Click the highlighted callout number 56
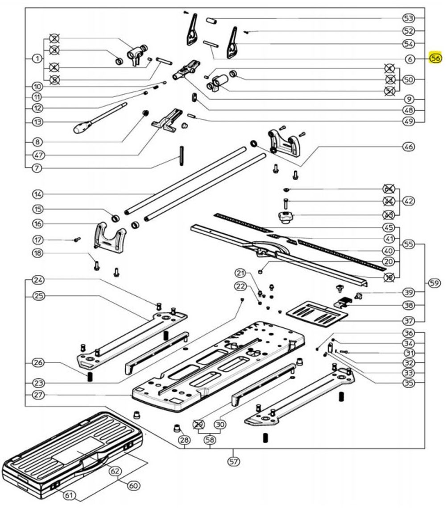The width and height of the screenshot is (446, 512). click(x=435, y=58)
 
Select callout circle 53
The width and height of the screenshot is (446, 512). click(x=409, y=18)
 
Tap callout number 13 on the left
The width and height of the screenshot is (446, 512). click(x=37, y=122)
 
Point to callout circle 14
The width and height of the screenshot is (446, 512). click(x=37, y=194)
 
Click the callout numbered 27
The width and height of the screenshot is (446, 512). click(x=37, y=395)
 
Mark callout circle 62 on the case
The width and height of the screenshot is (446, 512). click(x=116, y=471)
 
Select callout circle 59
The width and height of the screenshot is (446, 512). click(x=434, y=282)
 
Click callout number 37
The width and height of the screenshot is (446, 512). click(x=409, y=321)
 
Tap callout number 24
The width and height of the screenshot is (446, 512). click(x=37, y=281)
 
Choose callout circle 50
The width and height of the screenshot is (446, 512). click(x=409, y=80)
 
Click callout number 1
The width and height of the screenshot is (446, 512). click(x=37, y=59)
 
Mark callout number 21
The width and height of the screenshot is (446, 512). click(x=241, y=273)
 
